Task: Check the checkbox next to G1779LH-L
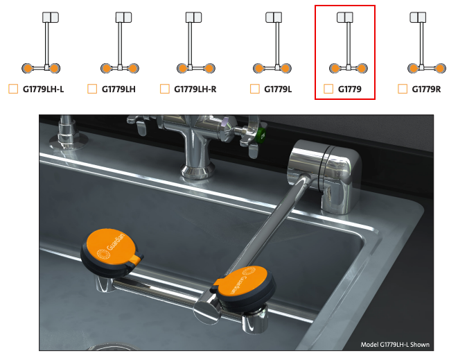(13, 89)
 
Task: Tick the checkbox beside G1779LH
(92, 89)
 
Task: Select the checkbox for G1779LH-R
(165, 89)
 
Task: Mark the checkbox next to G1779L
(255, 89)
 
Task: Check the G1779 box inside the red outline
(328, 89)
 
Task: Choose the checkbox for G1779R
(403, 89)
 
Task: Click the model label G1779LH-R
(195, 89)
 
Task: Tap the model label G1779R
(426, 89)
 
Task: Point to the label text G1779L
(278, 89)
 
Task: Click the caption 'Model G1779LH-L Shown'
(395, 345)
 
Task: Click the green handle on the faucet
(261, 135)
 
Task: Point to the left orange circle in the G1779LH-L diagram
(28, 69)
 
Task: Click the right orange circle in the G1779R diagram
(440, 69)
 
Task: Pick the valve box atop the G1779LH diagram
(123, 17)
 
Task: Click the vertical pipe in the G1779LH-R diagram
(190, 44)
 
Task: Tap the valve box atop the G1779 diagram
(345, 17)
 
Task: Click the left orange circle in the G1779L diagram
(258, 69)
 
